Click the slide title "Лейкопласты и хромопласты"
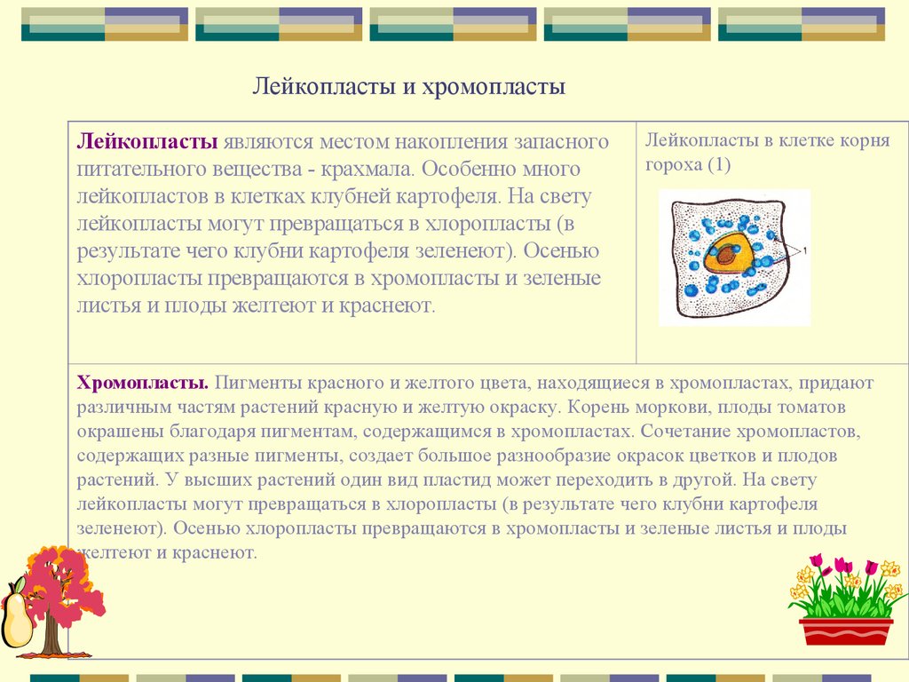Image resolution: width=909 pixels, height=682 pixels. tap(409, 87)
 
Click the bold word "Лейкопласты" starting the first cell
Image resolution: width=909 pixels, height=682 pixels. tap(147, 142)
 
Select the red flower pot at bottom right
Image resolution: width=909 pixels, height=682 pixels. tap(845, 630)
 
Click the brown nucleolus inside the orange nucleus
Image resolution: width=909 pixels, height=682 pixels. tap(726, 256)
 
